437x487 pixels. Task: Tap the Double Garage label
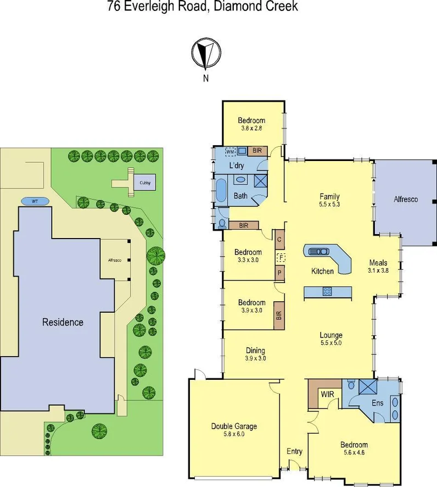[234, 426]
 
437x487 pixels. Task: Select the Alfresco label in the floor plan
[406, 199]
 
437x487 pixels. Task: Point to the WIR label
[328, 394]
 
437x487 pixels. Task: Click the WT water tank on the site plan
[35, 201]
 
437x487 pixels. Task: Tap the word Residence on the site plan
[63, 322]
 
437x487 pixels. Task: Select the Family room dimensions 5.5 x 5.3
[329, 204]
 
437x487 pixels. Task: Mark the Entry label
[295, 452]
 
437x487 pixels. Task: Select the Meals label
[378, 263]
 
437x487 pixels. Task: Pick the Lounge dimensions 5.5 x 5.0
[331, 343]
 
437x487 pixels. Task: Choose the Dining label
[255, 350]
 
